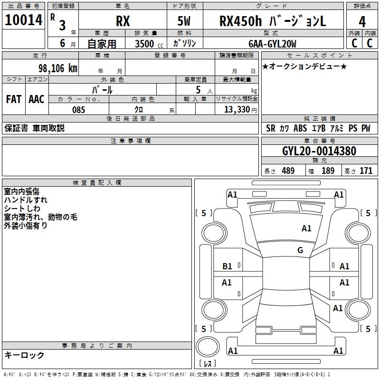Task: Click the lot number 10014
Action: coord(23,20)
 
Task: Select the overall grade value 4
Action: coord(362,22)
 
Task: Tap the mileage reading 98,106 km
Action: coord(58,68)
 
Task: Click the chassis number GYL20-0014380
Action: coord(319,151)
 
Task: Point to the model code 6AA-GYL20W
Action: coord(272,44)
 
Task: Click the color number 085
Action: coord(79,110)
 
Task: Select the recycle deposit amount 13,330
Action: coord(237,110)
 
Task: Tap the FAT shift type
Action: coord(14,99)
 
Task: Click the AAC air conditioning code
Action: coord(37,99)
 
